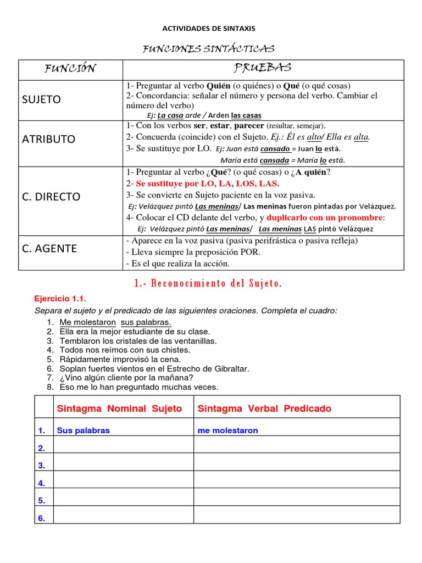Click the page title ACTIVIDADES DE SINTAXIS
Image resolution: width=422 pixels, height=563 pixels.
point(208,28)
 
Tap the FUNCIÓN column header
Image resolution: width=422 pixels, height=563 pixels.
point(70,69)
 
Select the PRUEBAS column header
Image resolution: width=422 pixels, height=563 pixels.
point(263,68)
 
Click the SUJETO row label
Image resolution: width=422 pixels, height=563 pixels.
point(41,100)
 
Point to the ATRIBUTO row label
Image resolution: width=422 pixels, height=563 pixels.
point(48,139)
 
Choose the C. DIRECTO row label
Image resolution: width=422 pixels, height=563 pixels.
point(51,196)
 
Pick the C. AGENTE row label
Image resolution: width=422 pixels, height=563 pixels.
point(49,249)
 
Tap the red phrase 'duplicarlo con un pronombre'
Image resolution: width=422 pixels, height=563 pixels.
point(324,217)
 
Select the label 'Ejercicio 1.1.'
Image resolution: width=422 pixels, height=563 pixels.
point(61,299)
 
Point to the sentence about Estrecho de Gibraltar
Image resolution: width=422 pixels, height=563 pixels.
point(154,368)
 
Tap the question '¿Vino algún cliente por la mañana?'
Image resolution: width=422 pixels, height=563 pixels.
point(126,378)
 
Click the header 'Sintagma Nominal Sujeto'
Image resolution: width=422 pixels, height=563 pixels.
point(119,409)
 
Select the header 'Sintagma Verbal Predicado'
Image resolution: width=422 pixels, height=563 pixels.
point(264,409)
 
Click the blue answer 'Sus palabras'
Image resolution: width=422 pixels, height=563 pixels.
point(83,430)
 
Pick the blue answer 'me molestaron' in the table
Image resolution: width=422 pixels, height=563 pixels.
point(227,430)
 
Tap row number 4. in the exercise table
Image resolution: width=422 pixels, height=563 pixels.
point(42,483)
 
